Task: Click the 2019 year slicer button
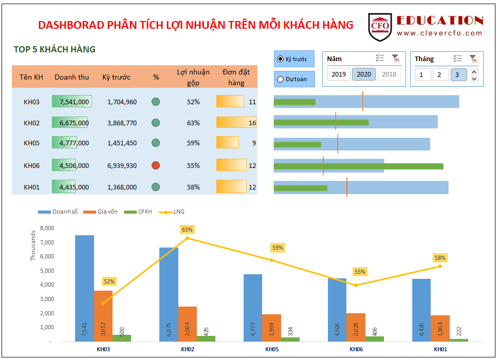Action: point(339,74)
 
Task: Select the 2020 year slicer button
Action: point(363,74)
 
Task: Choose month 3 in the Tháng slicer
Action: point(458,75)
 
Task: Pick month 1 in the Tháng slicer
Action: point(422,75)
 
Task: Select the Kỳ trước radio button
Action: point(280,59)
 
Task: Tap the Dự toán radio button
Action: point(280,79)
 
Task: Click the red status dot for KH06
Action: point(156,165)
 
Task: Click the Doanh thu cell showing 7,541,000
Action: point(72,102)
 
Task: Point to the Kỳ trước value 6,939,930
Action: point(122,165)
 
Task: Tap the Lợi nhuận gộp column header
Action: point(193,77)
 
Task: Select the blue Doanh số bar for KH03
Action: point(84,288)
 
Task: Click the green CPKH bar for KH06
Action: point(375,339)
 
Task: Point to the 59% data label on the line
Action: point(278,248)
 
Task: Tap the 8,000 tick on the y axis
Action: point(46,228)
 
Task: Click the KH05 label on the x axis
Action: point(272,349)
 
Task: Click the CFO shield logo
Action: point(380,27)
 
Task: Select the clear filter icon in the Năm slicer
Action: point(395,59)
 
